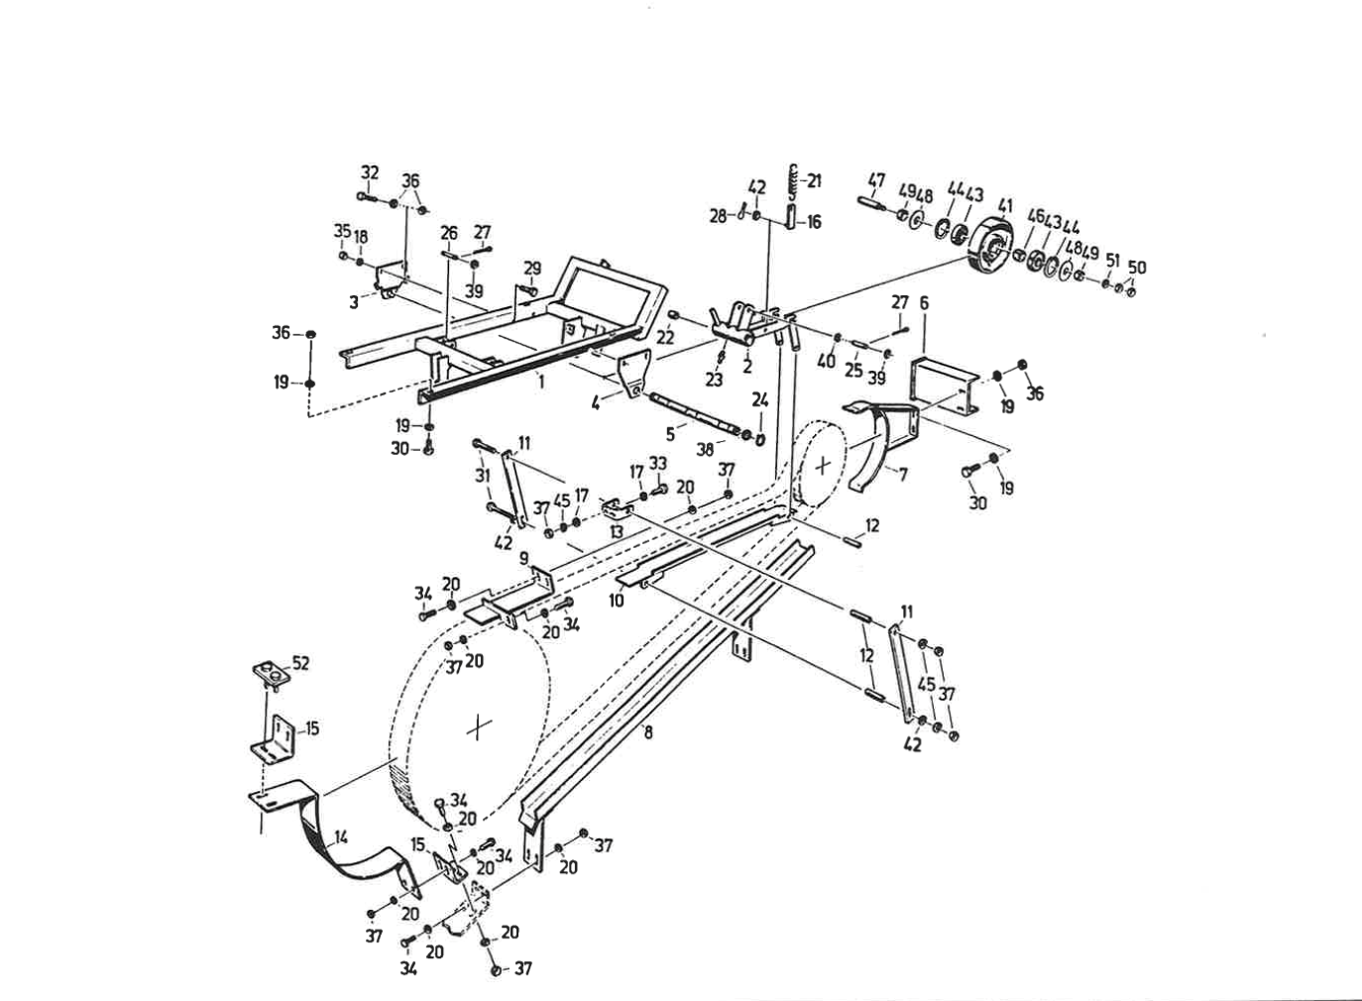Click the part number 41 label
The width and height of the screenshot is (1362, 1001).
1005,207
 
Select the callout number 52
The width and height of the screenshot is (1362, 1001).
300,663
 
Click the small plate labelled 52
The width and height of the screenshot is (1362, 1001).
270,674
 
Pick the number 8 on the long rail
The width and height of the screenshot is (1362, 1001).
647,733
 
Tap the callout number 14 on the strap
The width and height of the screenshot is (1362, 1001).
341,837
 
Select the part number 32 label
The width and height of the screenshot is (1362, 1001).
370,172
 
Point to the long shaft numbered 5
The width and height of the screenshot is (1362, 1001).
694,413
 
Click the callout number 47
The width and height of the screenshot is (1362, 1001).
876,181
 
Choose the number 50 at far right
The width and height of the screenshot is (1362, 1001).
1137,268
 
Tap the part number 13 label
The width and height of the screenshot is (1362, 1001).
617,532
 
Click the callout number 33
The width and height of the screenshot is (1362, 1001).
658,464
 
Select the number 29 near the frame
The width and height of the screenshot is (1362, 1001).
532,269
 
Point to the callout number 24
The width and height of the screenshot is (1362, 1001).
760,400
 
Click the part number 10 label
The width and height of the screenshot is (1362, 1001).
617,601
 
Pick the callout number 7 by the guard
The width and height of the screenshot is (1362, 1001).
902,475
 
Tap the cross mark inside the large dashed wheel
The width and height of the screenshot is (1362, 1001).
479,727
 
